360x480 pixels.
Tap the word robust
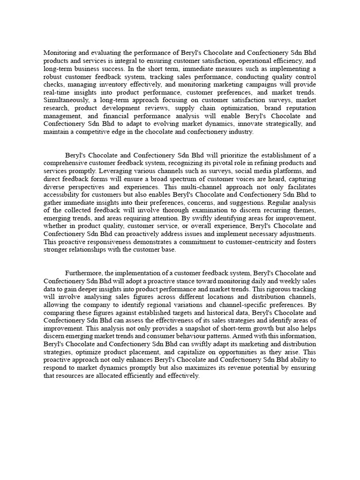coord(53,76)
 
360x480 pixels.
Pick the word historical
coord(199,312)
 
